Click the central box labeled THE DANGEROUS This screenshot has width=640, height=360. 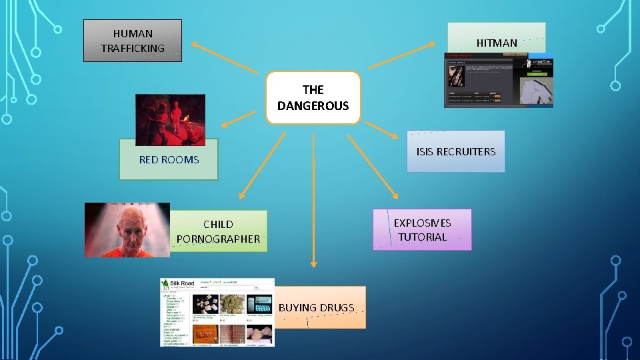313,97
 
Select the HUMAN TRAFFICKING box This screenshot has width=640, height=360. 133,41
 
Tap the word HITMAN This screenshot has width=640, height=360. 497,43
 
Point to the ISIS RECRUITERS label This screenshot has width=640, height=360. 456,151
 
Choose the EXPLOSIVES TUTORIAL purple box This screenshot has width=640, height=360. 422,230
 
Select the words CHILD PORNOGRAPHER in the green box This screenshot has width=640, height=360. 218,231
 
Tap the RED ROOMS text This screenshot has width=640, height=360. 169,159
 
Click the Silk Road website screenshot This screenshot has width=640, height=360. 217,312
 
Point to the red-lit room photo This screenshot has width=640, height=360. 170,119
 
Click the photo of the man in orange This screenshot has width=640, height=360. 127,230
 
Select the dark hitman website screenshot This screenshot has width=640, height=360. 499,81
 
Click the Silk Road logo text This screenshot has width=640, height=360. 180,284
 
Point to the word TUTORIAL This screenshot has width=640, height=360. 422,237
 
